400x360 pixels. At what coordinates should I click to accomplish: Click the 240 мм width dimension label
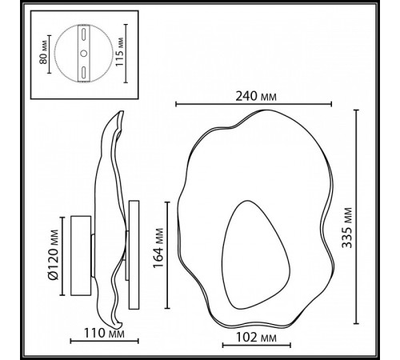253,94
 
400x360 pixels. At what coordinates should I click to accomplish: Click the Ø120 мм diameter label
54,256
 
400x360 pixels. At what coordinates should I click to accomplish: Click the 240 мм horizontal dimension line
253,104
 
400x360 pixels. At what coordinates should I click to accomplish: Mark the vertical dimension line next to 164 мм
166,254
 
